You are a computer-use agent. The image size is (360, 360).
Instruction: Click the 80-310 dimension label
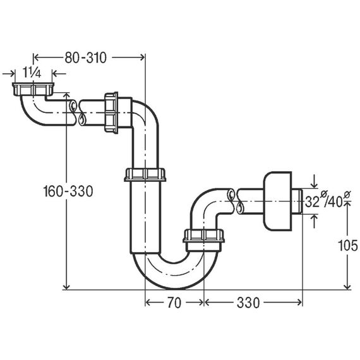pos(85,57)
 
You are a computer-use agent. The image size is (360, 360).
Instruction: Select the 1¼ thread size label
pos(32,73)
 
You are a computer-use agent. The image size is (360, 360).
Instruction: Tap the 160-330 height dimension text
pos(68,191)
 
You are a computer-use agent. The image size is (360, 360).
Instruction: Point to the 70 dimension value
pos(174,303)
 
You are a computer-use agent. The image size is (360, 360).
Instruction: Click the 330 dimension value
pos(248,303)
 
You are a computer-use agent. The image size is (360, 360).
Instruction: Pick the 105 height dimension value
pos(348,246)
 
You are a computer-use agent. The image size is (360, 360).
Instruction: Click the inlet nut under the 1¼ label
pos(33,89)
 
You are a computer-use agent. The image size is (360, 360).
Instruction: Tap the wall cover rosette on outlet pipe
pos(277,201)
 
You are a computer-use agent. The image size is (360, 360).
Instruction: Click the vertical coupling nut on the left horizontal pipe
pos(111,112)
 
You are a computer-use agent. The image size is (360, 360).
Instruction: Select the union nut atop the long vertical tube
pos(145,174)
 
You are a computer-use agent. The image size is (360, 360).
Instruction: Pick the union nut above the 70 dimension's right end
pos(203,236)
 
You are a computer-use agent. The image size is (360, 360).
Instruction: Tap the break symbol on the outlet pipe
pos(235,201)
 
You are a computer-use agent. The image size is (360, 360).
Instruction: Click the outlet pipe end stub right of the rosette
pos(297,201)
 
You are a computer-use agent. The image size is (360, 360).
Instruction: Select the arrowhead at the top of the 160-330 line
pos(66,95)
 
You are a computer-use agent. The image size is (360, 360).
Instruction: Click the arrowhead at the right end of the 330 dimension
pos(299,303)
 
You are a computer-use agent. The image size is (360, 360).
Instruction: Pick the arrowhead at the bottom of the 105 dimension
pos(347,286)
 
